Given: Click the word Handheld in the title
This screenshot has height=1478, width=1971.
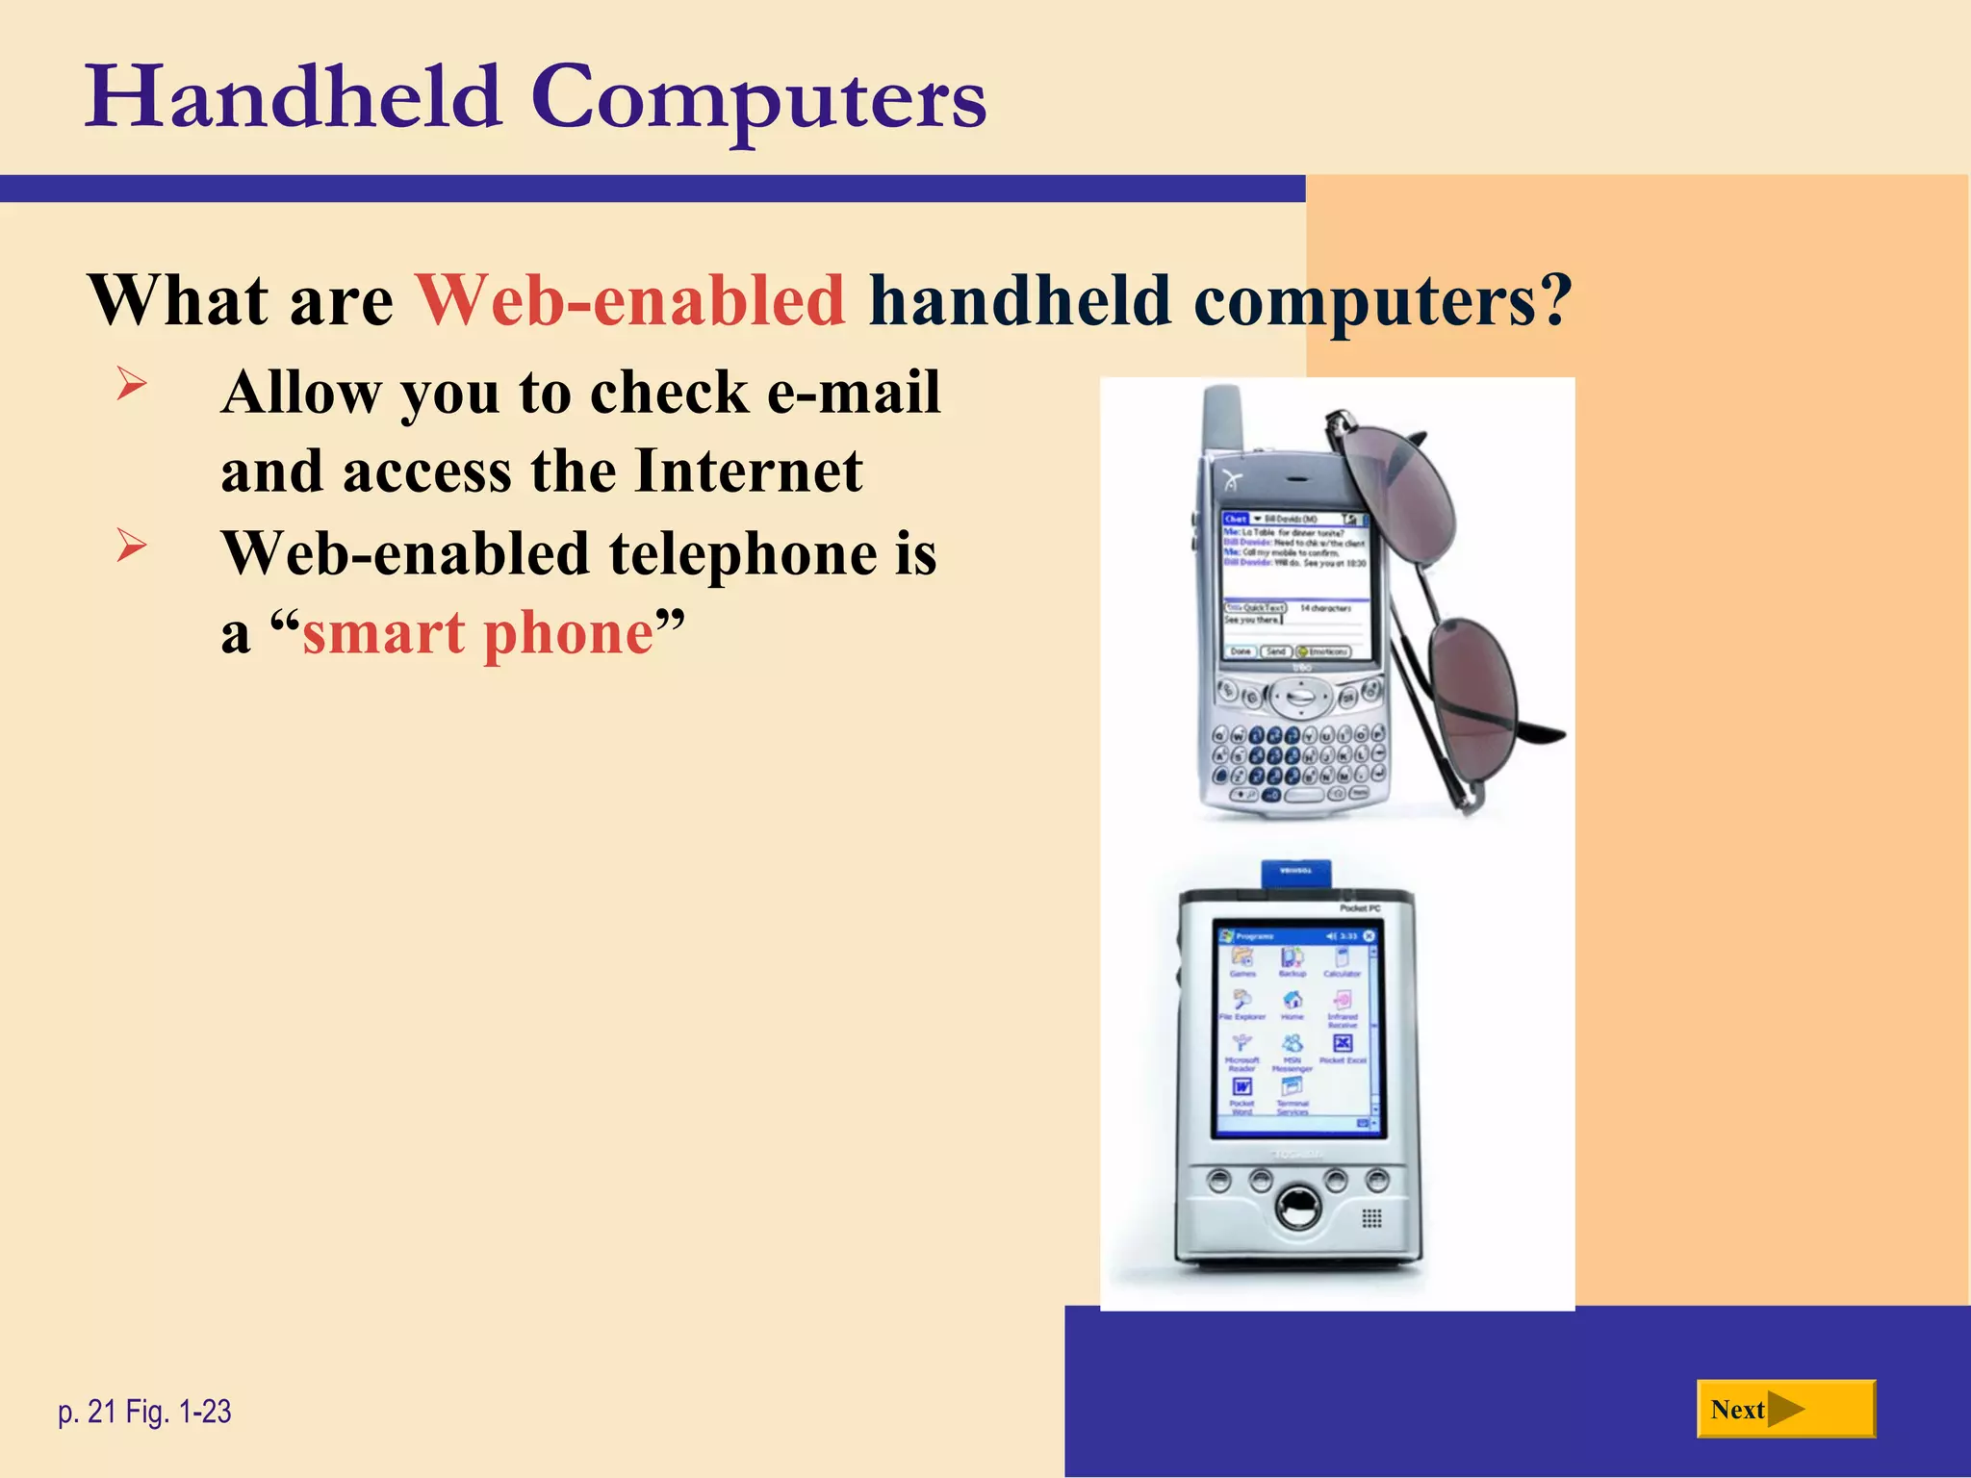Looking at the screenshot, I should click(294, 98).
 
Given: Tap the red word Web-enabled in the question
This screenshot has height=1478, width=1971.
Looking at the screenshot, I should click(630, 300).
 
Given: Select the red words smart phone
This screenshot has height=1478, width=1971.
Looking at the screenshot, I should click(478, 633).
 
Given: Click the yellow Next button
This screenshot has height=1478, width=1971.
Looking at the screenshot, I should click(1784, 1409).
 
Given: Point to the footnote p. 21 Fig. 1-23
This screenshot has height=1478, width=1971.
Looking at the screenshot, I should click(144, 1412).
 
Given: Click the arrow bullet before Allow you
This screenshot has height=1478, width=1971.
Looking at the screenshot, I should click(131, 384).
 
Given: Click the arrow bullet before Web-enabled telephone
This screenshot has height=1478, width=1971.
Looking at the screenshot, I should click(131, 546).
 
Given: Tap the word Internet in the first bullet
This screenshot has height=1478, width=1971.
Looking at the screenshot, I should click(749, 471).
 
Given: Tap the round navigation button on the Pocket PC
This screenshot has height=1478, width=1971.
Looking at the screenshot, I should click(1298, 1205).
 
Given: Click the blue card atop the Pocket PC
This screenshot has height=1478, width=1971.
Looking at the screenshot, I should click(1296, 872).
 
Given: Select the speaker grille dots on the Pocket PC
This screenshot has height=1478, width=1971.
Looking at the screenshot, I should click(1372, 1218).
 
